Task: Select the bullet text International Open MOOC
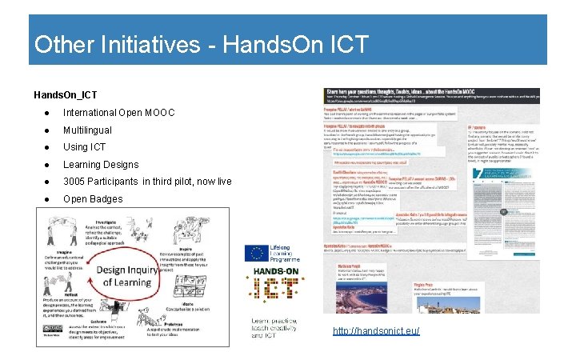coord(114,112)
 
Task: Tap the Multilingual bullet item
coord(87,130)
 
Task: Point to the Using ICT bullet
coord(84,147)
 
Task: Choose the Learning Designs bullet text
coord(101,164)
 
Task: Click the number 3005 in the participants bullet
coord(77,182)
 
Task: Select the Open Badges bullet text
coord(93,198)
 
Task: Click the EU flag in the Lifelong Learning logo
coord(257,254)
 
